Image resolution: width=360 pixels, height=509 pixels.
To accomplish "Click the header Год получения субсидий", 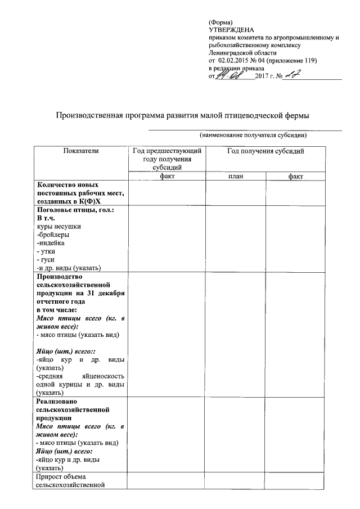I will pos(265,151).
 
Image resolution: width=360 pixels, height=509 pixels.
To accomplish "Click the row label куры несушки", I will pos(58,226).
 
